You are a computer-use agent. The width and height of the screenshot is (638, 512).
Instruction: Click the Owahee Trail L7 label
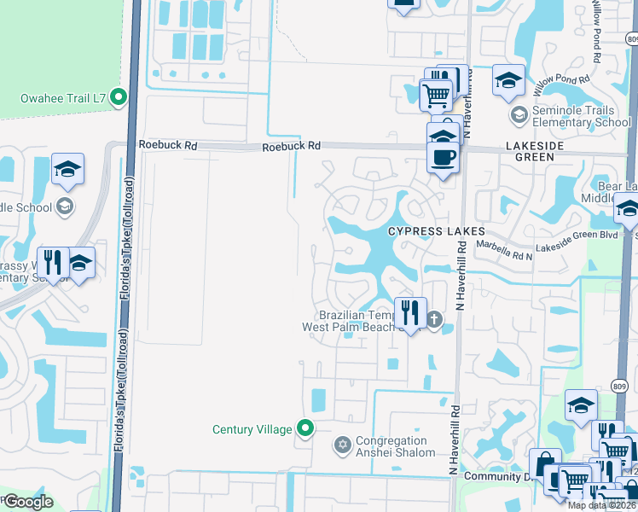pyautogui.click(x=65, y=99)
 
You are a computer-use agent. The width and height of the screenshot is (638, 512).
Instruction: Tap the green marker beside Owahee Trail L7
pyautogui.click(x=119, y=98)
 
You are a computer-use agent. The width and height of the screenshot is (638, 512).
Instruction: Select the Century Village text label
pyautogui.click(x=252, y=429)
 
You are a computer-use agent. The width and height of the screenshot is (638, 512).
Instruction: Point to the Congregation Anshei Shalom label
pyautogui.click(x=396, y=446)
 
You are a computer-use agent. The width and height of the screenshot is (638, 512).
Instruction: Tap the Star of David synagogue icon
pyautogui.click(x=343, y=445)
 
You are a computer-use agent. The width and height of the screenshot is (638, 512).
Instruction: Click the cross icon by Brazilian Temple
pyautogui.click(x=434, y=320)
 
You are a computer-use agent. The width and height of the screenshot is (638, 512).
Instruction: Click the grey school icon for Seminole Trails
pyautogui.click(x=518, y=114)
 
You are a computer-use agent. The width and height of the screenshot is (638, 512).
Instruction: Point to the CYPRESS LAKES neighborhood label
pyautogui.click(x=437, y=232)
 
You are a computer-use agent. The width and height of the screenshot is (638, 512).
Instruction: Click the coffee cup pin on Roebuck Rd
pyautogui.click(x=443, y=158)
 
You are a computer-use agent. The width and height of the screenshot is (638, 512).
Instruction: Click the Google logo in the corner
pyautogui.click(x=27, y=503)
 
